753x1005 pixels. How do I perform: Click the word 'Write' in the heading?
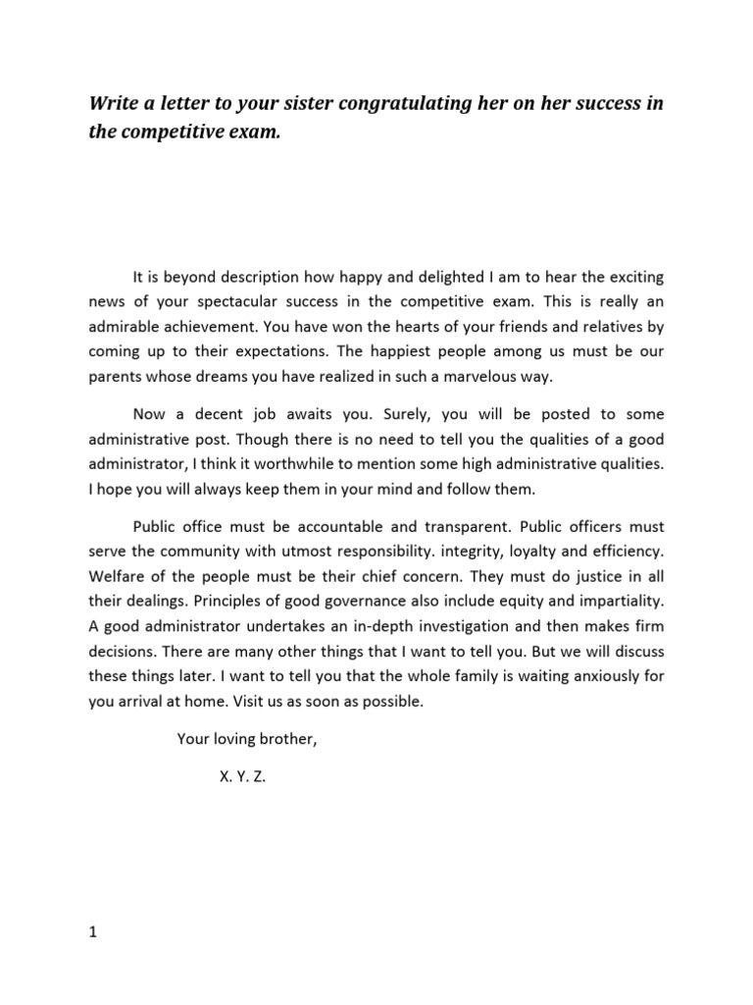pos(115,104)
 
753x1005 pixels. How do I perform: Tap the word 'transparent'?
pos(465,530)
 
